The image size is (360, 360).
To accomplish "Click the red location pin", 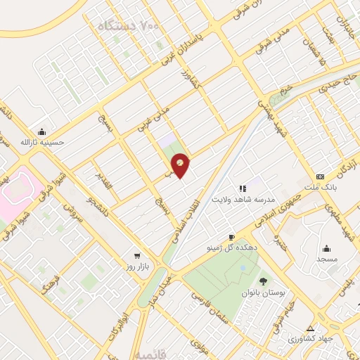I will tap(181, 165).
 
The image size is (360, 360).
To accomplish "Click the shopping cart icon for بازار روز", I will tap(137, 256).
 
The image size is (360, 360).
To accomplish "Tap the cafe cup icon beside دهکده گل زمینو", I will tap(231, 238).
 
